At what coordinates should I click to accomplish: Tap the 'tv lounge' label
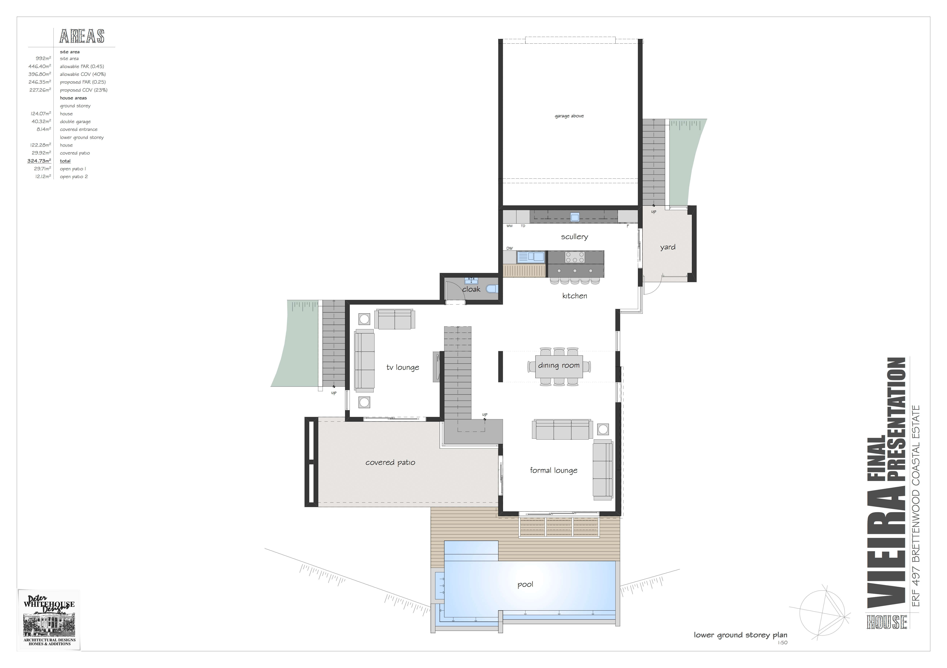(x=403, y=367)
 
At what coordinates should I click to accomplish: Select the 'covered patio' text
(x=390, y=462)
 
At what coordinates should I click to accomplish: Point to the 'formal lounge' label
(x=554, y=470)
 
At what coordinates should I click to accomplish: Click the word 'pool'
(x=525, y=584)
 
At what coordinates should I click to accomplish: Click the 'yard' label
(x=667, y=247)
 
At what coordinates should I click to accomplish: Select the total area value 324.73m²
(x=39, y=161)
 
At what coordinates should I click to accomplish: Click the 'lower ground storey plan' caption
(x=740, y=635)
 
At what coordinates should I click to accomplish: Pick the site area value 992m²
(x=43, y=58)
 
